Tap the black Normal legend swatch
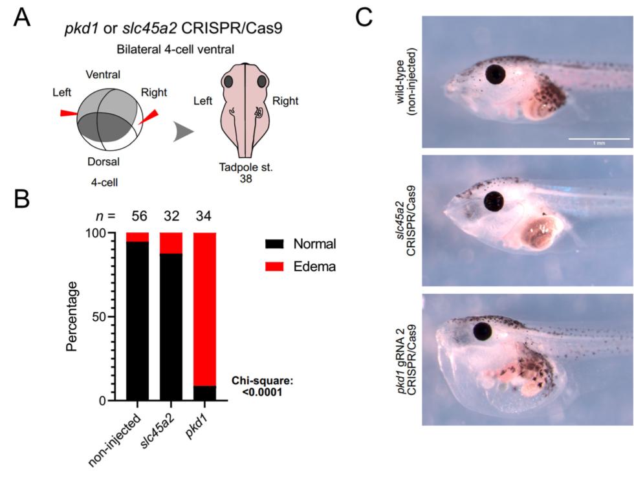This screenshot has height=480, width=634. [277, 244]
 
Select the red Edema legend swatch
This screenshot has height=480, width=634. [277, 266]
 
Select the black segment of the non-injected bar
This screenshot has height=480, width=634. [137, 321]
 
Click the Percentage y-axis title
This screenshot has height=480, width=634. [74, 316]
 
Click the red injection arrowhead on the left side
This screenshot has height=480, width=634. [68, 113]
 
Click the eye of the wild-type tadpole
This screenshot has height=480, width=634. [496, 74]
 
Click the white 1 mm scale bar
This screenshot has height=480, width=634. [598, 138]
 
